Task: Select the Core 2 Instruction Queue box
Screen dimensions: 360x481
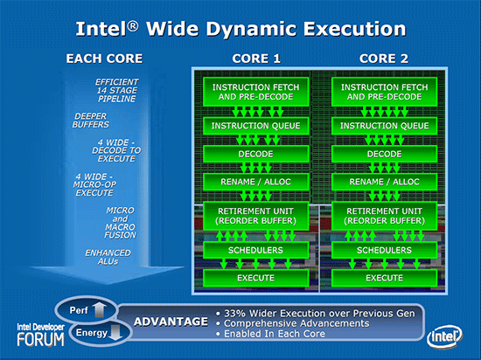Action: coord(384,127)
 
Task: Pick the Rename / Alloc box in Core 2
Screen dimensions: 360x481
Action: coord(384,181)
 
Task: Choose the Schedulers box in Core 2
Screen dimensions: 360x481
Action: coord(384,251)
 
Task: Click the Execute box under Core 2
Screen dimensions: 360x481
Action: coord(384,278)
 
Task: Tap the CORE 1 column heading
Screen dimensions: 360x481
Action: coord(255,59)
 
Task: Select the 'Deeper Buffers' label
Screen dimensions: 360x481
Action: coord(91,120)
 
